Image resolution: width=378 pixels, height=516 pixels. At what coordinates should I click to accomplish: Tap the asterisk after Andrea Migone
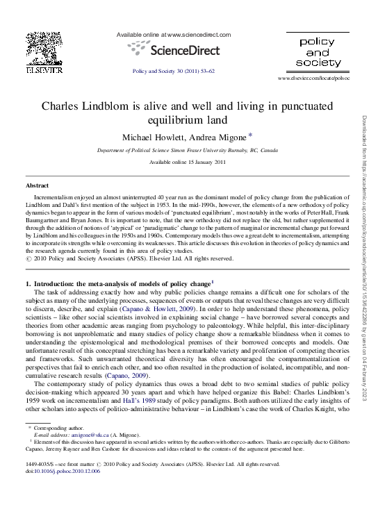pyautogui.click(x=250, y=135)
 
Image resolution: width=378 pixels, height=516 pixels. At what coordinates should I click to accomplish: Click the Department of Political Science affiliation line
pyautogui.click(x=188, y=150)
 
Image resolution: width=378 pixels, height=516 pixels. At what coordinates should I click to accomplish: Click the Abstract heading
pyautogui.click(x=37, y=186)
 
